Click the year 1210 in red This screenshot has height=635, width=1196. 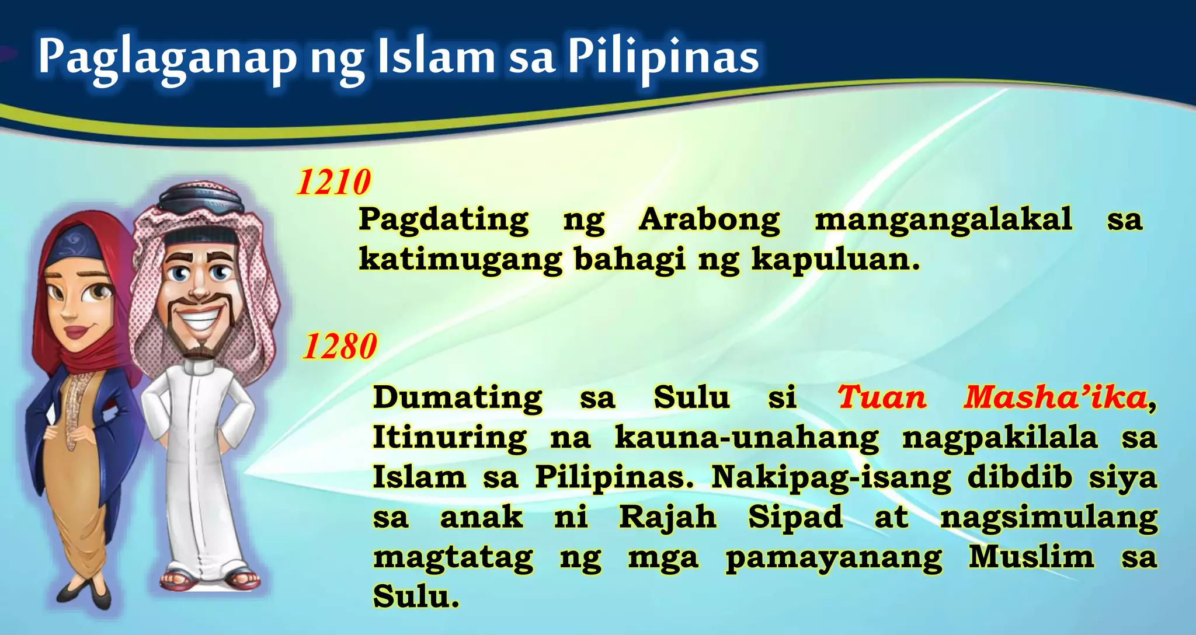pos(333,182)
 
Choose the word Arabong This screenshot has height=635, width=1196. pos(709,221)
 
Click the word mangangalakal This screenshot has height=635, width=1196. pos(943,221)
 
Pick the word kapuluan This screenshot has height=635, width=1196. pos(835,260)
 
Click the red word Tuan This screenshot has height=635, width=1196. pos(882,397)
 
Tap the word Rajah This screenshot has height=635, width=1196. pos(667,518)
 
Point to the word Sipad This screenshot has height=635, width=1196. pos(795,518)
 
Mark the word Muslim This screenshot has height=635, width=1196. pos(1031,556)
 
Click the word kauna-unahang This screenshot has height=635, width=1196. pos(746,438)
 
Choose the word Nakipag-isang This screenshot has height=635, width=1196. pos(831,478)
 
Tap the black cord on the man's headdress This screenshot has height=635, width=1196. pos(201,200)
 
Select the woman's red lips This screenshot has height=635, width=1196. pos(75,333)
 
